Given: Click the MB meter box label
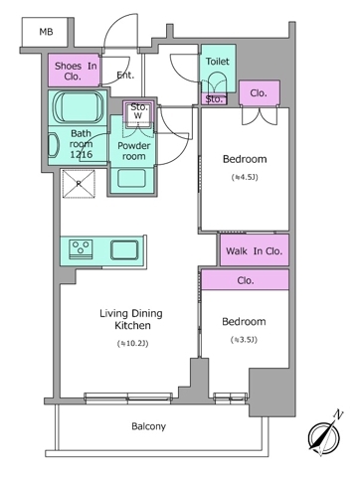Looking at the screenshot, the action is tap(46, 32).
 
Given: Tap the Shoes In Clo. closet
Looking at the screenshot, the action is tap(74, 71).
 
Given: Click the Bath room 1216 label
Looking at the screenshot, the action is tap(81, 144).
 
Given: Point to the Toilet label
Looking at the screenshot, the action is tap(218, 62).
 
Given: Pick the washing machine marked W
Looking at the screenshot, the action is tap(137, 114).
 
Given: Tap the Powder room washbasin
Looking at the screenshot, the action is tap(131, 178).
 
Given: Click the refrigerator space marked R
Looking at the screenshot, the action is tap(79, 184).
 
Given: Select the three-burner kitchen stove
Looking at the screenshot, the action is tap(81, 249).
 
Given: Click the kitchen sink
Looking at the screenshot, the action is tap(124, 249).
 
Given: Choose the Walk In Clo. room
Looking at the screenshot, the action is tap(255, 250).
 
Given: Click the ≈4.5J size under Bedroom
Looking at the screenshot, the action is tap(245, 177).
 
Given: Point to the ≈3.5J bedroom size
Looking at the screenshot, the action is tap(244, 340).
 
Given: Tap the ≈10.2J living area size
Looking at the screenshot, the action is tap(132, 344).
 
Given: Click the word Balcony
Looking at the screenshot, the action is tap(148, 426).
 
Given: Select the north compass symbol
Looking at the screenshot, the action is tap(324, 434).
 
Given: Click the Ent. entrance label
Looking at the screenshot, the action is tap(125, 76).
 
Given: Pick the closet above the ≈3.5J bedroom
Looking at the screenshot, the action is tap(246, 280).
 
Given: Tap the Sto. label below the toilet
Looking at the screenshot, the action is tap(214, 99).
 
